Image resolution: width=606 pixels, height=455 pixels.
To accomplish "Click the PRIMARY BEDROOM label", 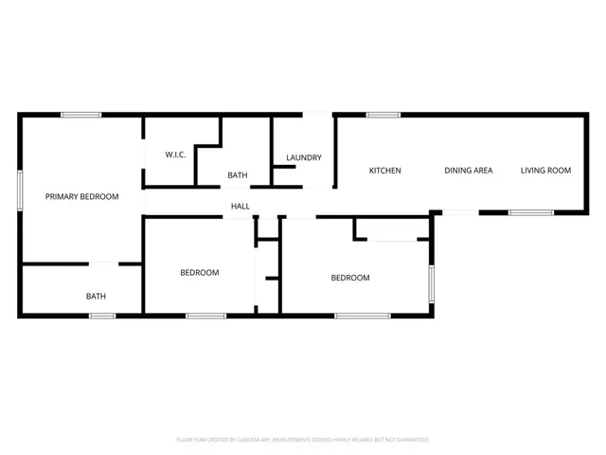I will [x=82, y=196].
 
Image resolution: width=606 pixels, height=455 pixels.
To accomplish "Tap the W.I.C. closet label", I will [x=175, y=155].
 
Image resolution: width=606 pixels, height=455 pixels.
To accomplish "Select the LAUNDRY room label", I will [x=304, y=157].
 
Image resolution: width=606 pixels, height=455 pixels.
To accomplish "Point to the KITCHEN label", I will [x=384, y=171].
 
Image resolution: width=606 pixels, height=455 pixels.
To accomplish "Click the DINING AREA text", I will [x=469, y=171].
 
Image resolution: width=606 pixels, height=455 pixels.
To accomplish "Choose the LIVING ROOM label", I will [x=546, y=171].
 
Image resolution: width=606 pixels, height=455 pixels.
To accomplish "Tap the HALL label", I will [x=241, y=206].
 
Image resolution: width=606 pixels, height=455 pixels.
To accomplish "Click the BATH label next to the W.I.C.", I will [x=237, y=175].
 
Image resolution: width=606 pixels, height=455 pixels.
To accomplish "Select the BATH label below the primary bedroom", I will [x=96, y=296].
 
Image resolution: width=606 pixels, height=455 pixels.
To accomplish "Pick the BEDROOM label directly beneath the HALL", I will [x=199, y=273].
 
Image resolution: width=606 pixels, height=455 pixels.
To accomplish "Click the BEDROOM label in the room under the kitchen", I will [x=349, y=278].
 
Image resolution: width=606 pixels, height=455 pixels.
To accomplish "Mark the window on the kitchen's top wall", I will [x=383, y=116].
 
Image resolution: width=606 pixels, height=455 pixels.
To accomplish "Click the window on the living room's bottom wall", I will [x=530, y=212].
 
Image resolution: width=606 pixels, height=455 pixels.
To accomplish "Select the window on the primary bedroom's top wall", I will [x=81, y=116].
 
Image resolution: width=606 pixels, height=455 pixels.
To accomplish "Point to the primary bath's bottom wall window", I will [x=102, y=315].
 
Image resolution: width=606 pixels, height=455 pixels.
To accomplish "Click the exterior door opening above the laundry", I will [x=317, y=116].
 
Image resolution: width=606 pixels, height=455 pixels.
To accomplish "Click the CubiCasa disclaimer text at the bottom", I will [x=303, y=440].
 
